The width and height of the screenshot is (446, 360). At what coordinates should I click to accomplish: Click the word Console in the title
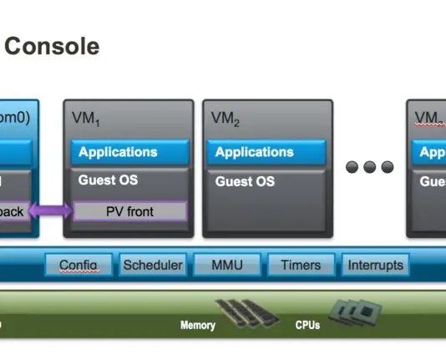[x=52, y=46]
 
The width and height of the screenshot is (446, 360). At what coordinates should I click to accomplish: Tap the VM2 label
[x=225, y=120]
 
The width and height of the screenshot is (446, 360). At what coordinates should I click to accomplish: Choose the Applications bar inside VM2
[x=266, y=153]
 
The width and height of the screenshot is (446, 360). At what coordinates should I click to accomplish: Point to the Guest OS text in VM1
[x=108, y=180]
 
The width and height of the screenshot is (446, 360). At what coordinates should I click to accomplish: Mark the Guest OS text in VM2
[x=245, y=180]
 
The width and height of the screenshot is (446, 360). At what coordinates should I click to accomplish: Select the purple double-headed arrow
[x=53, y=212]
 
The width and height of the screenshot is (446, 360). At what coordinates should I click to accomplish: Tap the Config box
[x=79, y=266]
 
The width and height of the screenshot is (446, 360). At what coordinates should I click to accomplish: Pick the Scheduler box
[x=152, y=266]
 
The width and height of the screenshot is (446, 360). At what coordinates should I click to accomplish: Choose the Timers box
[x=300, y=266]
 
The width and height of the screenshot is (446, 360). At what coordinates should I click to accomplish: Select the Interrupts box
[x=375, y=266]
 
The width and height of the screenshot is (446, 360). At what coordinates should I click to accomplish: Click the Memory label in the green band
[x=198, y=325]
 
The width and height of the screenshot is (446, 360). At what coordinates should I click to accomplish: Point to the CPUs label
[x=307, y=325]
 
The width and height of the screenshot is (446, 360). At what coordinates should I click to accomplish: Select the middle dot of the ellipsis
[x=369, y=168]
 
